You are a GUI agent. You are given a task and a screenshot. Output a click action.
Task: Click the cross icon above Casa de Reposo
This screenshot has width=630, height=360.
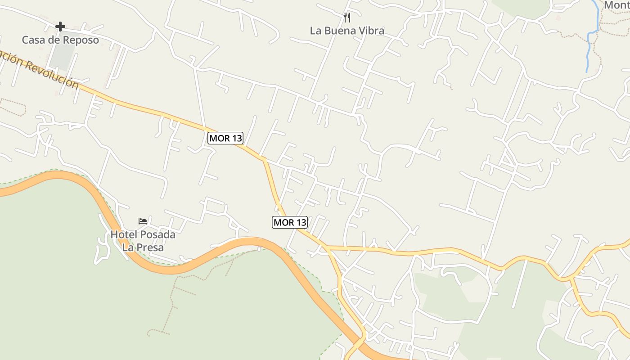pyautogui.click(x=60, y=27)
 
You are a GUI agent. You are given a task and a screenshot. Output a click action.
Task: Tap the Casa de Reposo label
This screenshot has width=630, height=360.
pyautogui.click(x=60, y=40)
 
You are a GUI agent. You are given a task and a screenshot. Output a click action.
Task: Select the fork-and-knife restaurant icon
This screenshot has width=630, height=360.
pyautogui.click(x=347, y=18)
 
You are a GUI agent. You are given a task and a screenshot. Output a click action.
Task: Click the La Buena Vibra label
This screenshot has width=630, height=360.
pyautogui.click(x=347, y=31)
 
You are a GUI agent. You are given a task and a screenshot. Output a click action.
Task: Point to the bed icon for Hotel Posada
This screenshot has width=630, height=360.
pyautogui.click(x=143, y=221)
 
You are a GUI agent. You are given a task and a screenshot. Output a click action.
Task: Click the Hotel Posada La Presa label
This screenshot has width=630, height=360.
pyautogui.click(x=143, y=241)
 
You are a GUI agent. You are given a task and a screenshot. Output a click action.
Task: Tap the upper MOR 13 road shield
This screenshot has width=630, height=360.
pyautogui.click(x=225, y=138)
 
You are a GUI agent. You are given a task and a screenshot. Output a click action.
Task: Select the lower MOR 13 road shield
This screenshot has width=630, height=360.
pyautogui.click(x=290, y=222)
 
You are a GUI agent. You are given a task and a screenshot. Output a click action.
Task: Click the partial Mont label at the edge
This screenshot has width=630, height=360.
pyautogui.click(x=616, y=5)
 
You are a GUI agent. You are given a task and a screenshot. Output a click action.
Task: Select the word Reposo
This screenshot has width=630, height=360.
pyautogui.click(x=81, y=40)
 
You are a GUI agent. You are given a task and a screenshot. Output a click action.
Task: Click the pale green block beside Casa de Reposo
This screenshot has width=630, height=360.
pyautogui.click(x=63, y=56)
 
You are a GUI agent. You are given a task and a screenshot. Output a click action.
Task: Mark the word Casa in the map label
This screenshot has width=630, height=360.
pyautogui.click(x=33, y=40)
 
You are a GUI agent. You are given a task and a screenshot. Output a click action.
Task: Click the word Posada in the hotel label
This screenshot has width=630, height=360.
pyautogui.click(x=157, y=234)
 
